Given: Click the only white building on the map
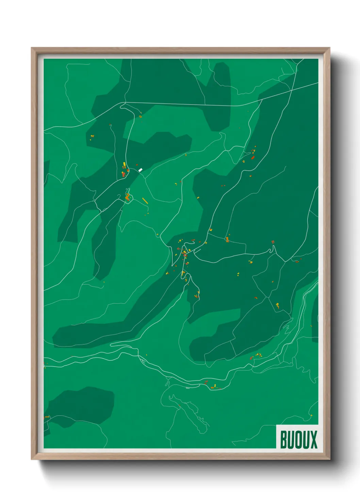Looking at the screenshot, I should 140,170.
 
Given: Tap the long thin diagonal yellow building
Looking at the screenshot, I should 145,201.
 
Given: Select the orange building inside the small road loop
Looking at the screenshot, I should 128,196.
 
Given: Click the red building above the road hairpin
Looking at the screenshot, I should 273,242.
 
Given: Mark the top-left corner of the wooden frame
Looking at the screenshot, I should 32,48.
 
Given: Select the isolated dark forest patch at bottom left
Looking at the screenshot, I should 82,405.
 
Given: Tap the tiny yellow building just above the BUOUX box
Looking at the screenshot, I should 311,415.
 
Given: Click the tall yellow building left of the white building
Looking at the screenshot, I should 124,165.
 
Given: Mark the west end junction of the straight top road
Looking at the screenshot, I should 125,102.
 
